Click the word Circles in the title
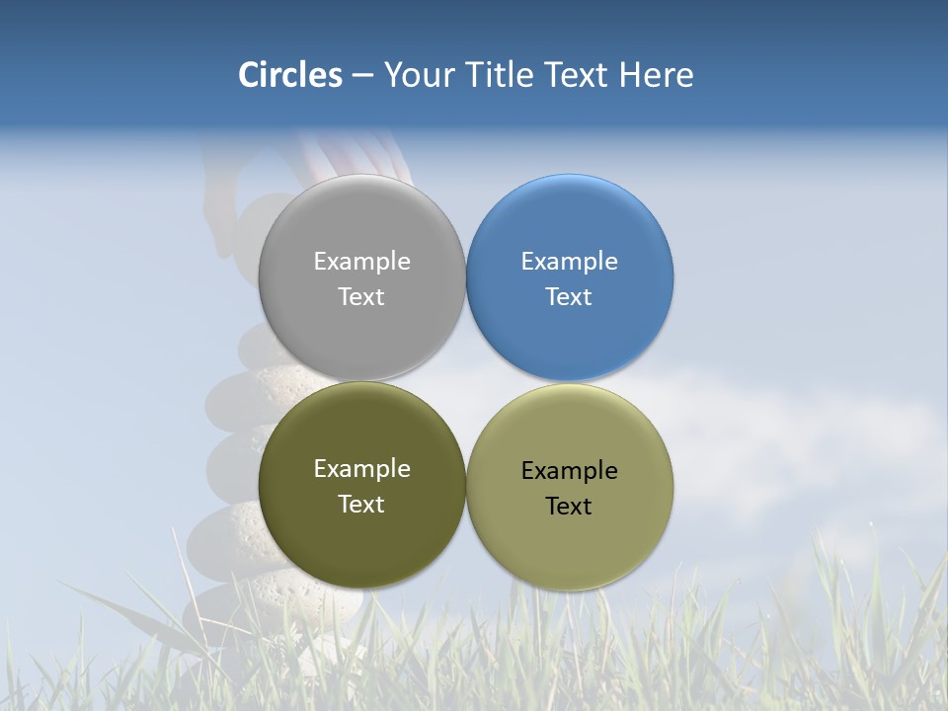(290, 75)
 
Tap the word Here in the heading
(657, 75)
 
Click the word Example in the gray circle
(361, 262)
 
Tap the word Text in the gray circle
(361, 297)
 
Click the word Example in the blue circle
(570, 262)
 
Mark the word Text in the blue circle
(570, 297)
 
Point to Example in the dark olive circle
(361, 469)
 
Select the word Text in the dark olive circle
(361, 505)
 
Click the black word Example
(570, 471)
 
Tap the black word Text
(570, 507)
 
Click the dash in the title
(362, 76)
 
